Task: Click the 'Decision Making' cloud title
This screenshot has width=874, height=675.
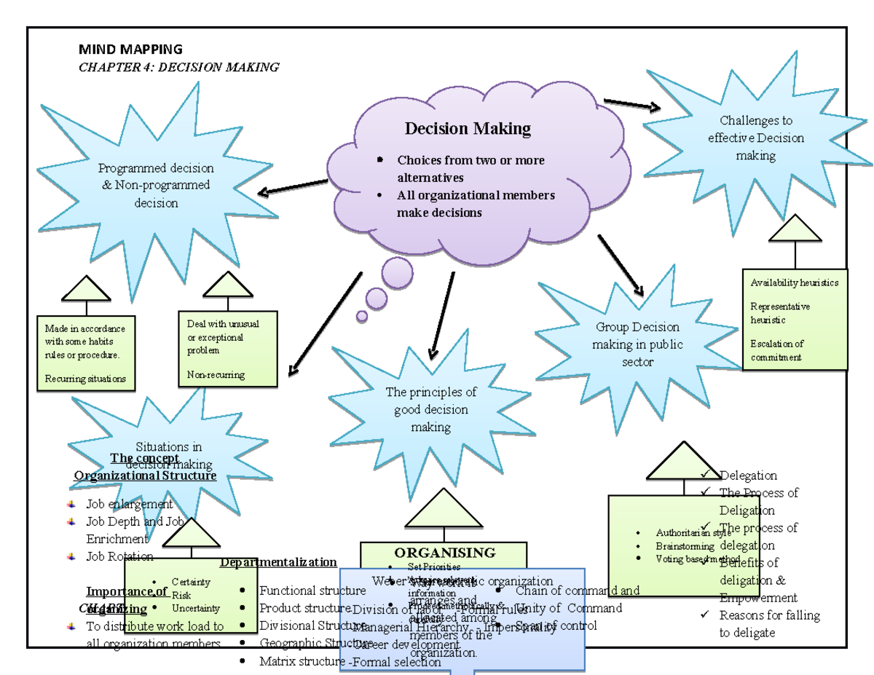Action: click(468, 129)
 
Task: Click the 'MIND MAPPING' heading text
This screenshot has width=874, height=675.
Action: click(130, 50)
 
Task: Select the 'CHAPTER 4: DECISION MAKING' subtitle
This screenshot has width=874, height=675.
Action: click(178, 67)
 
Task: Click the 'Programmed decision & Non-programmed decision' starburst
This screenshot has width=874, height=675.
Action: click(156, 186)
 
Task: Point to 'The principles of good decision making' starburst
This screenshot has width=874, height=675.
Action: click(430, 408)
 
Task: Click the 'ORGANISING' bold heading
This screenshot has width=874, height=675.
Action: click(444, 553)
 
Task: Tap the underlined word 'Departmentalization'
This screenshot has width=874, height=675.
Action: click(278, 562)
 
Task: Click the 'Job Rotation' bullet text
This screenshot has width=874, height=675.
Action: click(119, 556)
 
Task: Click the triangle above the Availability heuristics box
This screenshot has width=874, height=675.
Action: click(795, 229)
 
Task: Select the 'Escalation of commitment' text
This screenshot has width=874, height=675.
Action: click(776, 350)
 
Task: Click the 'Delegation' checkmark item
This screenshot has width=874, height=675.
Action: click(748, 475)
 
